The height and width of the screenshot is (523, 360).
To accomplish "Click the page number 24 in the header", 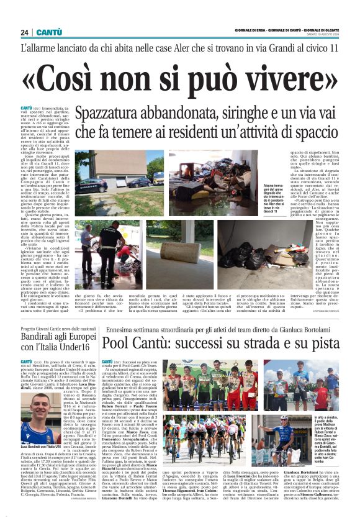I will (x=24, y=32).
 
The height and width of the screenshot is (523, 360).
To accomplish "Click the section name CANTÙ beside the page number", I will (x=48, y=32).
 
